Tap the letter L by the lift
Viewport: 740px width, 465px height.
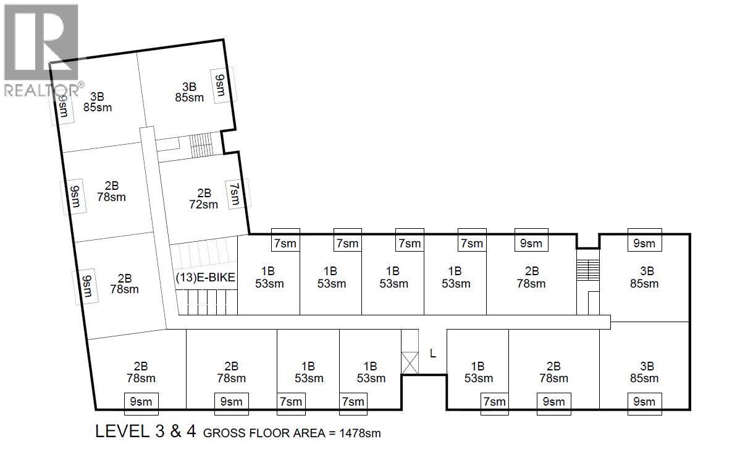tap(433, 354)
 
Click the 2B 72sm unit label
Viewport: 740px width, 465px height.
tap(204, 198)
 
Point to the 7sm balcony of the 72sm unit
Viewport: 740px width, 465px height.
tap(235, 194)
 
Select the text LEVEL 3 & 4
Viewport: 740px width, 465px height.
tap(146, 432)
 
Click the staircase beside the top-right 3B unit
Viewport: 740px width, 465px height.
tap(587, 270)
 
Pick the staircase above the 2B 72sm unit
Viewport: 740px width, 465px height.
tap(201, 145)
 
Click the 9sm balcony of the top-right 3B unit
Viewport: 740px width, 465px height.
tap(644, 243)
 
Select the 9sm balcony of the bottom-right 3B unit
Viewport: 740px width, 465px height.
tap(644, 402)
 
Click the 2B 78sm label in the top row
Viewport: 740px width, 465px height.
tap(531, 277)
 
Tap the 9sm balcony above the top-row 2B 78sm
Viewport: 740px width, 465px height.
tap(531, 243)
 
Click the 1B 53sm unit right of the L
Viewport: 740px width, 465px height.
tap(477, 372)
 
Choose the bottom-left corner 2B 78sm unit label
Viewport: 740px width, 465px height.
tap(140, 372)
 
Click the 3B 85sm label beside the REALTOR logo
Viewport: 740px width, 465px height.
tap(97, 102)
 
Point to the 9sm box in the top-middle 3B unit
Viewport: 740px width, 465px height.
tap(220, 85)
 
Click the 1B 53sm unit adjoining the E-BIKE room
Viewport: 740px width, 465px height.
tap(269, 277)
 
